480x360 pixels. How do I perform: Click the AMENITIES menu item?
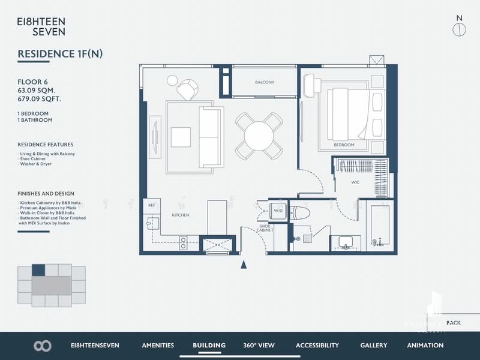pyautogui.click(x=158, y=345)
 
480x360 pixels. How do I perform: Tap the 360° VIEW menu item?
pyautogui.click(x=259, y=345)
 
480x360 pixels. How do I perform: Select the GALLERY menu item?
pyautogui.click(x=373, y=345)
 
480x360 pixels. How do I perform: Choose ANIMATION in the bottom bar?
pyautogui.click(x=425, y=345)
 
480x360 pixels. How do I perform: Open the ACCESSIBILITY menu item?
pyautogui.click(x=317, y=345)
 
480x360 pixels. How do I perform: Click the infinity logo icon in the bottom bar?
pyautogui.click(x=43, y=346)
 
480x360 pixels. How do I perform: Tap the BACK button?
pyautogui.click(x=454, y=323)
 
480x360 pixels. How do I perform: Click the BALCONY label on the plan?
pyautogui.click(x=264, y=82)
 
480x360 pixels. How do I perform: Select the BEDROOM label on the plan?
pyautogui.click(x=344, y=145)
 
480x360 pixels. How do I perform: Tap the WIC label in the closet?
pyautogui.click(x=355, y=181)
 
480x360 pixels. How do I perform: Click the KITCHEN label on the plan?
pyautogui.click(x=181, y=215)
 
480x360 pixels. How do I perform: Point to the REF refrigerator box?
pyautogui.click(x=152, y=205)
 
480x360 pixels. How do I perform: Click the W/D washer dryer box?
pyautogui.click(x=278, y=211)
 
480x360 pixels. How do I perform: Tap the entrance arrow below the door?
pyautogui.click(x=243, y=264)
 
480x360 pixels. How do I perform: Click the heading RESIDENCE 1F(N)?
pyautogui.click(x=60, y=54)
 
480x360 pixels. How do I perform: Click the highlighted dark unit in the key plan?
pyautogui.click(x=38, y=270)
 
